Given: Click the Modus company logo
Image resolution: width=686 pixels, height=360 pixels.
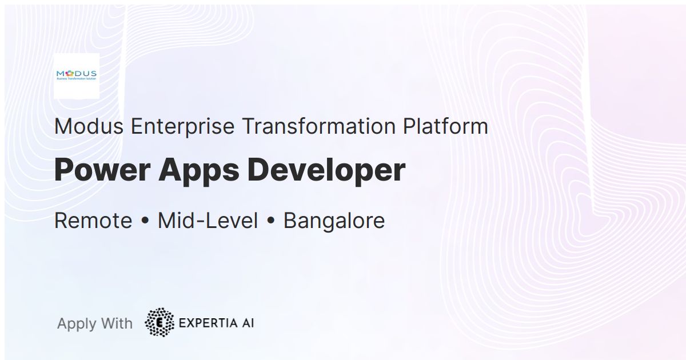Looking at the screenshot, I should (x=76, y=76).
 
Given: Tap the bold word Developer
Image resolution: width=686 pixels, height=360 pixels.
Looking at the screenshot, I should (x=326, y=171).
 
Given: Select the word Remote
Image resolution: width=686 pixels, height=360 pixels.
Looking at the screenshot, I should (x=93, y=221).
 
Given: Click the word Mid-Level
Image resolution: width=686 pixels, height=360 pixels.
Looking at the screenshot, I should (x=208, y=221).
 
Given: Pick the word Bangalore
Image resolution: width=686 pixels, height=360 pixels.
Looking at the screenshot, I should (x=334, y=221).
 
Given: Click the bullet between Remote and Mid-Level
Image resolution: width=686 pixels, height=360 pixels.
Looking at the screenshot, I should (x=145, y=221).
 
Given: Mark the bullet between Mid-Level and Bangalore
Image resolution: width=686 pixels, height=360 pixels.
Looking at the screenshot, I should (x=271, y=221).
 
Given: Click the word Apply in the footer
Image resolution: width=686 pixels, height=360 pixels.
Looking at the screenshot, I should (x=77, y=324).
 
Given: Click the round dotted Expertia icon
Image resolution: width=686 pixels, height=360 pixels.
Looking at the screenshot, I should (x=159, y=322).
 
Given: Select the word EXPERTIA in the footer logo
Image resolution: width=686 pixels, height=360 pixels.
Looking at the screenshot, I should (x=207, y=323).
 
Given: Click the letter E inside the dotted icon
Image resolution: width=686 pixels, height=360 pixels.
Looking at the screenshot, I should (x=159, y=322).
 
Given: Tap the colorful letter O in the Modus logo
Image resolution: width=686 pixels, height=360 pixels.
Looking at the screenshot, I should (x=70, y=73).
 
